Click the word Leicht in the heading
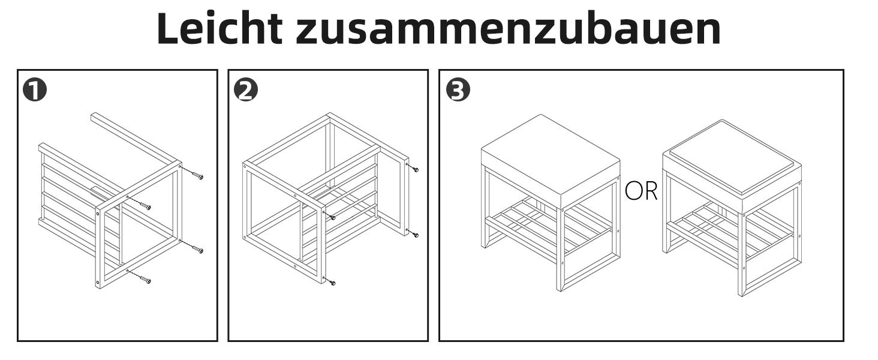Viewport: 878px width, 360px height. tap(220, 28)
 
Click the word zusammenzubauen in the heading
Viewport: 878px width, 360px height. tap(508, 29)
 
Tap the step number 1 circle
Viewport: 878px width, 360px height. tap(35, 89)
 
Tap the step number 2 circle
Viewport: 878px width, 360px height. tap(246, 89)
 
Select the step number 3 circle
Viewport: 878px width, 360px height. tap(458, 89)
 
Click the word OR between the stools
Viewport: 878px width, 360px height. tap(641, 191)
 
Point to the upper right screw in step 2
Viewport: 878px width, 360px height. tap(414, 169)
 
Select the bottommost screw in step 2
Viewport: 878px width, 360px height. tap(331, 282)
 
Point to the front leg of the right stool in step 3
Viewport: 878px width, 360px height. tap(742, 255)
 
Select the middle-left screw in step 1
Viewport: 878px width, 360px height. tap(145, 205)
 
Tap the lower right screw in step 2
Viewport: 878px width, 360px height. tap(414, 234)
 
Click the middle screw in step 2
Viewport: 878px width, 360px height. tap(331, 217)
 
